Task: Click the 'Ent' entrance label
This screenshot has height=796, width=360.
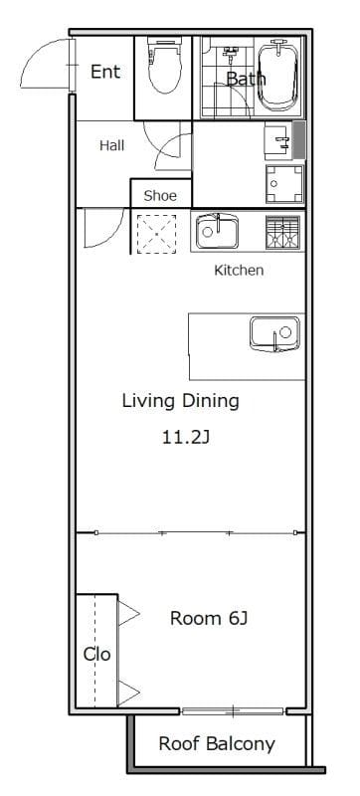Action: (105, 72)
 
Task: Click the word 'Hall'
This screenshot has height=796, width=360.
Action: (111, 146)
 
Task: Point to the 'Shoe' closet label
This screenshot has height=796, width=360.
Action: (160, 196)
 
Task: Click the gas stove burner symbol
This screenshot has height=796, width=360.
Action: (283, 233)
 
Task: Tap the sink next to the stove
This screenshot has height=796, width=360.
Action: (218, 232)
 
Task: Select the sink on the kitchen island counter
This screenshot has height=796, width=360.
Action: (274, 334)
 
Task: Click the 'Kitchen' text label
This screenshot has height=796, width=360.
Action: (239, 271)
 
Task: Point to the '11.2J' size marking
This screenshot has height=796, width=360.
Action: (186, 437)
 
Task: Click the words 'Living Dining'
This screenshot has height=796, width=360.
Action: (181, 401)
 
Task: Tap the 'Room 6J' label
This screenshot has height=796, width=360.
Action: (209, 618)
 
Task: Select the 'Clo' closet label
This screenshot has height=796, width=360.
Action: (96, 655)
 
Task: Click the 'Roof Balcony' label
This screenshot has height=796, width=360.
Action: (217, 744)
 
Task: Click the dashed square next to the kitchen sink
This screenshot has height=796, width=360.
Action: (157, 234)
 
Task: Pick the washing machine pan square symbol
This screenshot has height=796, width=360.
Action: (284, 184)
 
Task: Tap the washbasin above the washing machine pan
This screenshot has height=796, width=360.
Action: (278, 141)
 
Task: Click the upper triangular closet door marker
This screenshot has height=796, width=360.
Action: (128, 613)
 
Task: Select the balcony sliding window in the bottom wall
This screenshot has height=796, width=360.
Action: (233, 711)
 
